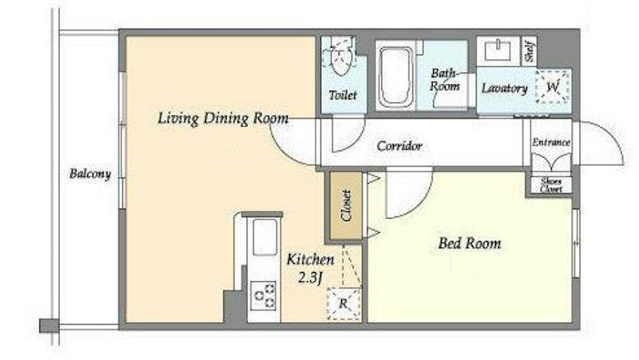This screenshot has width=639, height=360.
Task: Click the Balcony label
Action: pos(90,174)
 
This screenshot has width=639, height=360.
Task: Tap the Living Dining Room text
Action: pos(223,118)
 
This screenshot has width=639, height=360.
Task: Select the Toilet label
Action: pos(343,95)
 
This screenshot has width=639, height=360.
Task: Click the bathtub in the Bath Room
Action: pos(395,76)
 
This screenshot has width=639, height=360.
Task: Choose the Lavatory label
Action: pos(505,89)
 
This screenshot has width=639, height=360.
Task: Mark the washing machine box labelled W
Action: pos(552,87)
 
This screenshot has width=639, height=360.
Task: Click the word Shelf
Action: pos(530,51)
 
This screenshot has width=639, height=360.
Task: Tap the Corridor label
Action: pos(399,146)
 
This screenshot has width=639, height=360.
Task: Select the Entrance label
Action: pos(551,142)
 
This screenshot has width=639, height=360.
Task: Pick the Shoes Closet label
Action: pos(551,185)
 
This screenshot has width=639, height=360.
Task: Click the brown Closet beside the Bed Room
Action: pos(346,206)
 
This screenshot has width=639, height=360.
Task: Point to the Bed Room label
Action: pos(470,243)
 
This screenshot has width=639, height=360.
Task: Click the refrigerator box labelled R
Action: pos(344,303)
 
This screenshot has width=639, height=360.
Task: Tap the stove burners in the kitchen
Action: pos(264,295)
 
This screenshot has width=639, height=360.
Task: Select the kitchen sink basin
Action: pos(264,237)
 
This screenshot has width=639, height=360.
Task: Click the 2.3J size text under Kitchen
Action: pos(311,278)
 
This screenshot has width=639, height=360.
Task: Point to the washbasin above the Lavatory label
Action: pos(496,50)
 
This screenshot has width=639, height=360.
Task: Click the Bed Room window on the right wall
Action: pos(576,243)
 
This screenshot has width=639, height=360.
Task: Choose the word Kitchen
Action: pos(310,259)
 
